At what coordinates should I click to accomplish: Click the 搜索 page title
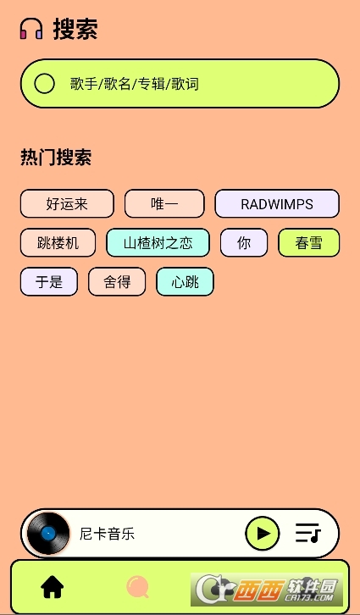coord(75,29)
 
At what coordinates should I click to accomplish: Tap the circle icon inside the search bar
coord(44,84)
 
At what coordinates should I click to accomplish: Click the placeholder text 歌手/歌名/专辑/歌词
coord(135,84)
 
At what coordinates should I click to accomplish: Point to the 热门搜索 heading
coord(56,158)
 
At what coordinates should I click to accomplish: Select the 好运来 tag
coord(67,203)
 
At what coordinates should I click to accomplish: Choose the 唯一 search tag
coord(164,203)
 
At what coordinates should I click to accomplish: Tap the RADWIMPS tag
coord(277,203)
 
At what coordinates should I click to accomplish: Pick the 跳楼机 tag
coord(58,243)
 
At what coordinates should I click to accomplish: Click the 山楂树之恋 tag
coord(158,243)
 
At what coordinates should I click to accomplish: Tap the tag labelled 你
coord(244,243)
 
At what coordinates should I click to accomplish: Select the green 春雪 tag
coord(309,243)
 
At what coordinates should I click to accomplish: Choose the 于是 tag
coord(49,281)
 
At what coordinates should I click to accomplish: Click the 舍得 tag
coord(117,281)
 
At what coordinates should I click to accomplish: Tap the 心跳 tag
coord(186,281)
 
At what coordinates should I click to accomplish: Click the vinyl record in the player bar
coord(48,534)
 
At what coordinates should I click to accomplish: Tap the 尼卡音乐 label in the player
coord(107,534)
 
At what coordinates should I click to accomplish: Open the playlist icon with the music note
coord(308,534)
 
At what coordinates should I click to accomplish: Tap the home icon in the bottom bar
coord(53,587)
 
